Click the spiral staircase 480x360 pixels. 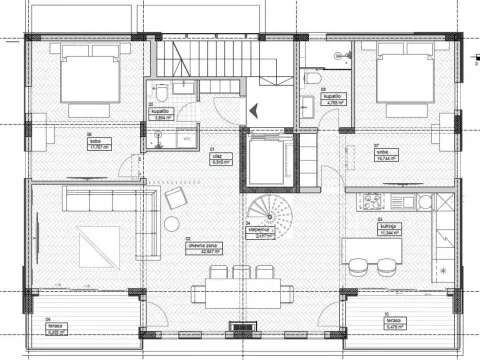(x=268, y=213)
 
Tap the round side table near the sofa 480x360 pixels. (x=171, y=223)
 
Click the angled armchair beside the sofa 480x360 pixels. (x=175, y=196)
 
